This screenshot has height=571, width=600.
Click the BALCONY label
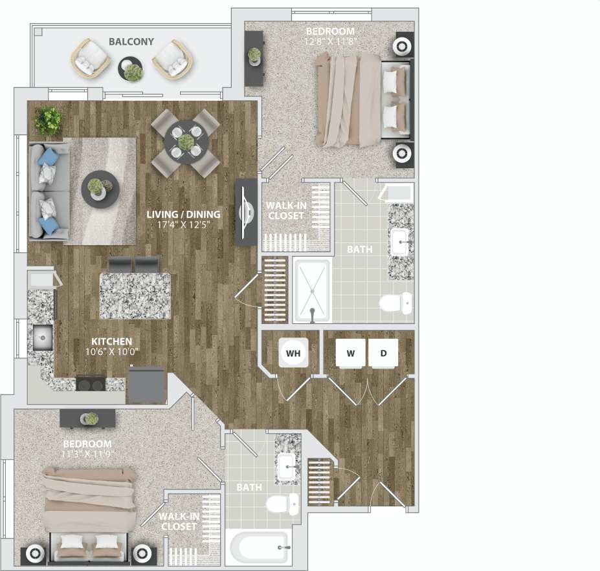131,42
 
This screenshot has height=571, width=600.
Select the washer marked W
351,354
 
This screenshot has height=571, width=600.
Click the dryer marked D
383,354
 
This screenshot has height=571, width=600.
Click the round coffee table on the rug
100,188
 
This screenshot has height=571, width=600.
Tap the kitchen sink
43,337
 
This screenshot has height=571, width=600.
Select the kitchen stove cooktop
91,383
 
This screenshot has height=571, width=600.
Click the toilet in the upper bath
395,303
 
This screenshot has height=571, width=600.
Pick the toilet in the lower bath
283,504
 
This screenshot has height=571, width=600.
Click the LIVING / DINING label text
183,215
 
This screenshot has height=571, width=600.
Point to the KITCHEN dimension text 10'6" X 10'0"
111,352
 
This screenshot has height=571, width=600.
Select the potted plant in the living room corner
49,120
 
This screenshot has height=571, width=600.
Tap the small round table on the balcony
131,69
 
